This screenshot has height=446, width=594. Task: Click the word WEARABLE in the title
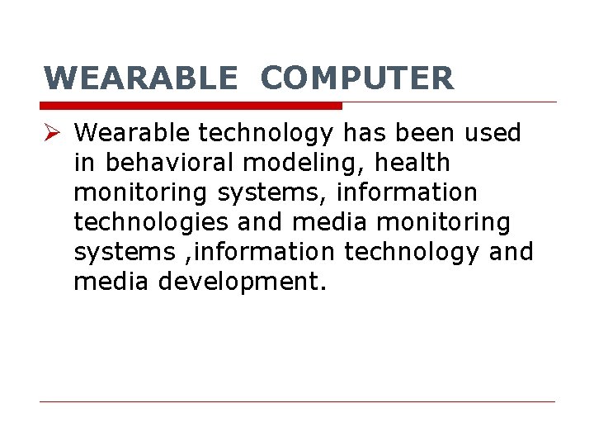[x=139, y=78]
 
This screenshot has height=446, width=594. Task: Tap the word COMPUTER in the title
[x=356, y=78]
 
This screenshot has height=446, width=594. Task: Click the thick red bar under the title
[x=191, y=106]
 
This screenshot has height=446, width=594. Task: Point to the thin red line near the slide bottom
[x=297, y=402]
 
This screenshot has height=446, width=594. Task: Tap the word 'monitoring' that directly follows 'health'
[x=142, y=193]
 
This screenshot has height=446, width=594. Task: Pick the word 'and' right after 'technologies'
[x=259, y=222]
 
